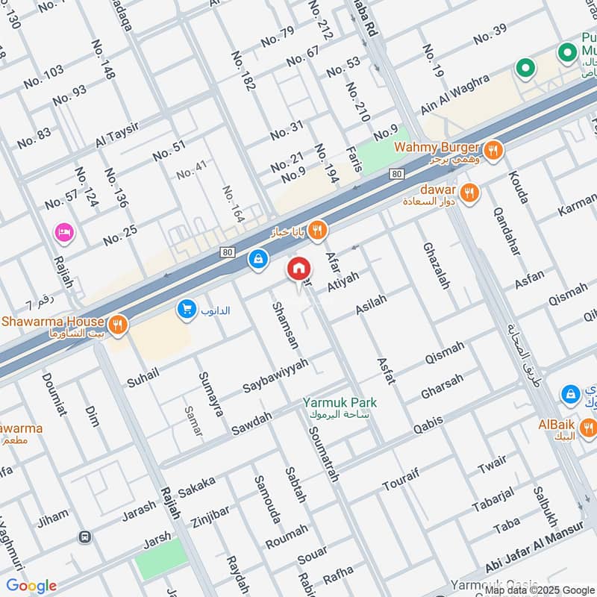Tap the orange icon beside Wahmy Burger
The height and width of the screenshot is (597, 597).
tap(493, 151)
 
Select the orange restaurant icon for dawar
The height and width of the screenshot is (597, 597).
tap(469, 193)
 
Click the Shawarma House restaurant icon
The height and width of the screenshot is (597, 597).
tap(117, 325)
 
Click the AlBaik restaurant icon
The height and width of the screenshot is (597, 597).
tap(589, 427)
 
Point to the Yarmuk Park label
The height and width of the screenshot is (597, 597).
tap(340, 403)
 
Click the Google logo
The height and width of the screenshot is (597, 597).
tap(31, 586)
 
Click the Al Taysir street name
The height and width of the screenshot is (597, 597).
tap(122, 135)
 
